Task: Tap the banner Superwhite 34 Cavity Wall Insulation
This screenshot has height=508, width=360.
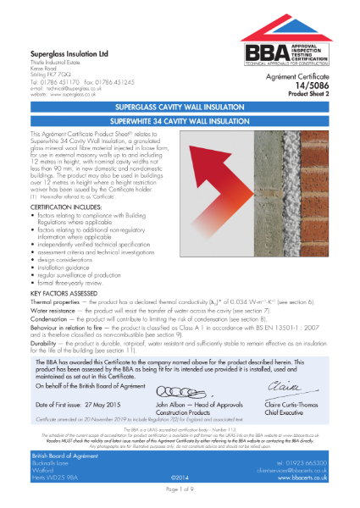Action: pyautogui.click(x=180, y=122)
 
